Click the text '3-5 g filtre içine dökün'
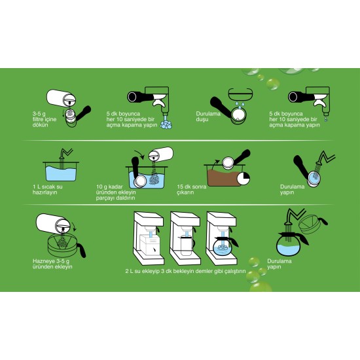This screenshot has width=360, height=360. click(x=45, y=119)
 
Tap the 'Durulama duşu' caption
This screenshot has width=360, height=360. click(x=208, y=117)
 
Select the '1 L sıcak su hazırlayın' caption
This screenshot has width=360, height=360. click(x=48, y=189)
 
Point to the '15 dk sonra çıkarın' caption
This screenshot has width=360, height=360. click(x=192, y=189)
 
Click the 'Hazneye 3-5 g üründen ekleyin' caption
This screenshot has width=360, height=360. click(x=52, y=264)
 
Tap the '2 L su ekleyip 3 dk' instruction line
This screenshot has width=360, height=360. click(x=185, y=271)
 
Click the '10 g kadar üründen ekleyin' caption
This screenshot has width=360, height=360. click(x=116, y=192)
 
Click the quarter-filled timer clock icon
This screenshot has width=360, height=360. click(x=243, y=179)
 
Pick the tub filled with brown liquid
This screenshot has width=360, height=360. click(x=224, y=175)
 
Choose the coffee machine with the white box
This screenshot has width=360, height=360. click(x=149, y=238)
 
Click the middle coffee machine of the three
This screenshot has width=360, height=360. click(x=185, y=238)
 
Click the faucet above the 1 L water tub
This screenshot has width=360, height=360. click(x=65, y=153)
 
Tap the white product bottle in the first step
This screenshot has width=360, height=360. click(x=61, y=98)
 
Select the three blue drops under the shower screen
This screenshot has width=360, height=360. click(x=240, y=105)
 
